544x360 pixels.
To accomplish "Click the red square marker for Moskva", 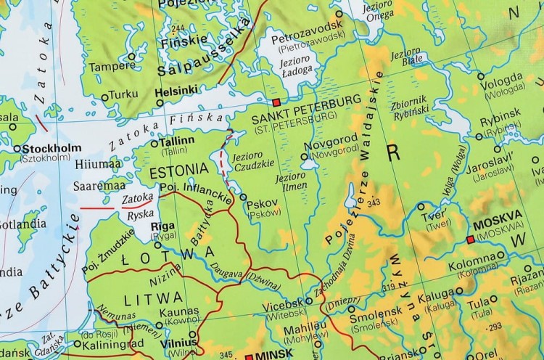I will click(471, 238).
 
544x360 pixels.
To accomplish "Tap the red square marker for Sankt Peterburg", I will click(276, 103).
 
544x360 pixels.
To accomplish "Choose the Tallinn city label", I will click(176, 140).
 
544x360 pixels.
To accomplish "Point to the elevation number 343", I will click(374, 202).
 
